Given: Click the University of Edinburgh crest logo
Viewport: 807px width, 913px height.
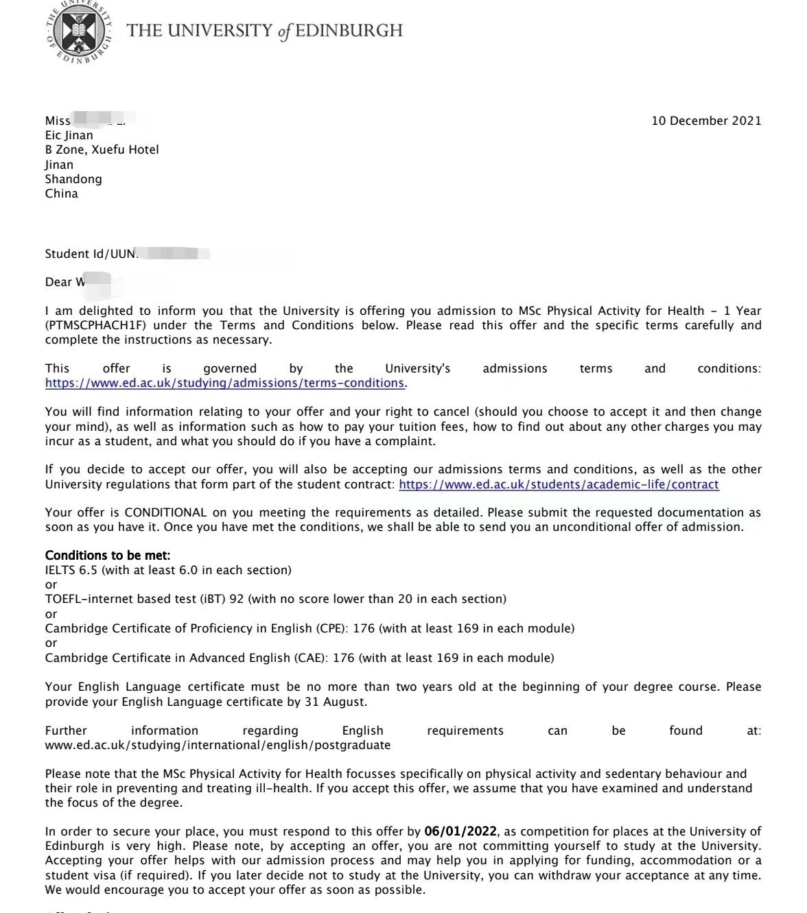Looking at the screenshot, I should point(80,32).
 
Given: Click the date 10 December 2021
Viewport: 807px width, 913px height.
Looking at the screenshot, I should point(706,121).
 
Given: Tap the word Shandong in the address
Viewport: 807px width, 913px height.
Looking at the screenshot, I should point(73,179).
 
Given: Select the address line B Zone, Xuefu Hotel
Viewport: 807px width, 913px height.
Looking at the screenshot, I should point(102,150).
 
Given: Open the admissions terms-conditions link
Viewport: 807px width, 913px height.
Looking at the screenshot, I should point(224,383).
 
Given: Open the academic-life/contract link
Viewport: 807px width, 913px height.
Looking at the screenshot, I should point(559,484).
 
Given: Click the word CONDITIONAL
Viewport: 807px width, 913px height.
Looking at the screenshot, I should point(165,512).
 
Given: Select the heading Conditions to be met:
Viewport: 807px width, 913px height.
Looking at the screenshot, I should point(108,556).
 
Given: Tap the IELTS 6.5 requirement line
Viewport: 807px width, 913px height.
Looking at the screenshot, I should point(168,570).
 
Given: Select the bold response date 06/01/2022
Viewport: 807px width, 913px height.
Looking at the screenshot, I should point(460,831).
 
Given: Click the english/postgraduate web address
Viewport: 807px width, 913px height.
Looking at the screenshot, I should point(218,745).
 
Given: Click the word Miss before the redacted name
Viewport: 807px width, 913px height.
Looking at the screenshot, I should point(58,121).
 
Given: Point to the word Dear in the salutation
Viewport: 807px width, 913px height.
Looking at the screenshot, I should point(58,282).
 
